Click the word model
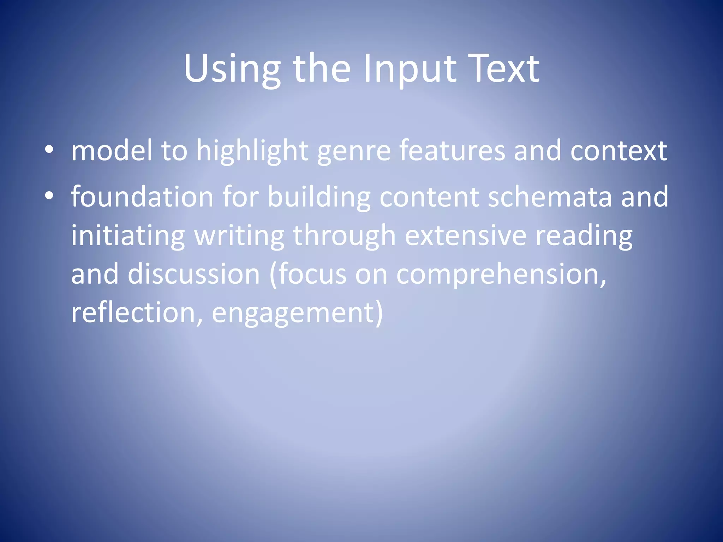112,150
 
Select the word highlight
252,151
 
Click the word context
618,151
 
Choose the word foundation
142,197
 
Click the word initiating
128,236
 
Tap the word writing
239,236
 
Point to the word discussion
193,274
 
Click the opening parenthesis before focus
273,275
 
